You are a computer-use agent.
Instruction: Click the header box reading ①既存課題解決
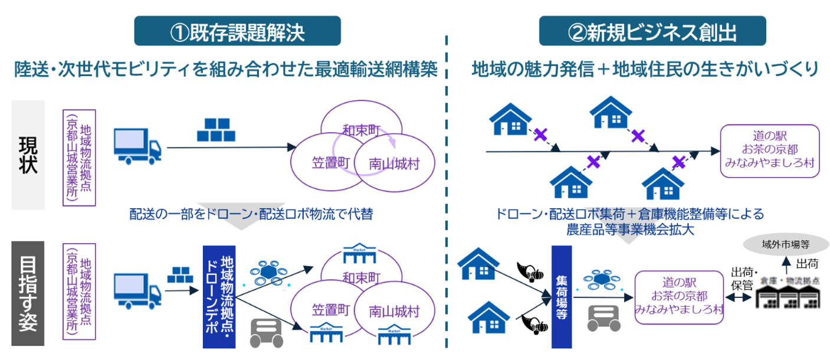(238, 31)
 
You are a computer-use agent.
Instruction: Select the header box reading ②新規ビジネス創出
(652, 31)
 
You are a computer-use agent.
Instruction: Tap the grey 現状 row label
(28, 155)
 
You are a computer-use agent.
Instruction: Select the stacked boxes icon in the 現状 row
(213, 130)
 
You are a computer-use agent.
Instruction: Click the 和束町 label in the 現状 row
(361, 130)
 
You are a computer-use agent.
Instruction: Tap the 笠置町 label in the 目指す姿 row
(332, 310)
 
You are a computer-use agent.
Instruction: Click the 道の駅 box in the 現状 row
(769, 150)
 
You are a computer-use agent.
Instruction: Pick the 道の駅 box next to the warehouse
(678, 297)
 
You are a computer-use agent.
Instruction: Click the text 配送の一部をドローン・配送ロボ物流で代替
(251, 214)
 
